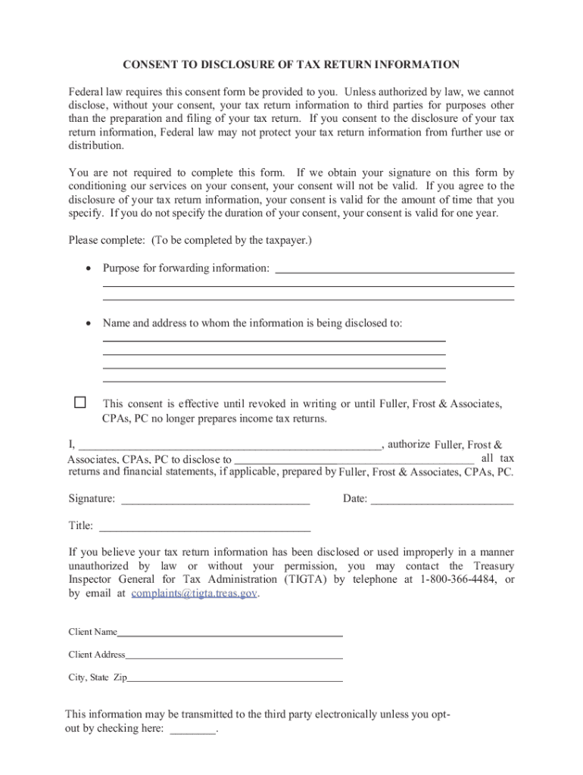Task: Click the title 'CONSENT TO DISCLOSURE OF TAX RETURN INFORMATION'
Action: tap(291, 65)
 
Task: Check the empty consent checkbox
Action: tap(80, 403)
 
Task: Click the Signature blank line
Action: tap(215, 500)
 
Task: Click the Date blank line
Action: tap(442, 500)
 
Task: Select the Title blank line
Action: tap(205, 527)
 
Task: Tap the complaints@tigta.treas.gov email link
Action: tap(195, 594)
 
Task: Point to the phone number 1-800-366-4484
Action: tap(457, 580)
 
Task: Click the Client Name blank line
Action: tap(230, 633)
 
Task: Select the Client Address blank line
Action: tap(234, 656)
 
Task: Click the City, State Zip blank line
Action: tap(235, 680)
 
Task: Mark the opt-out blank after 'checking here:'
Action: tap(193, 731)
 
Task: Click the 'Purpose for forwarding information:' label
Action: tap(186, 269)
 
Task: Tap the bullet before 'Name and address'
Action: tap(89, 323)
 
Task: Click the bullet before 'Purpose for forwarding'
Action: tap(89, 269)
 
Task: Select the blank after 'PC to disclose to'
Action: tap(354, 460)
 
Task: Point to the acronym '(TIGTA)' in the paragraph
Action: tap(307, 580)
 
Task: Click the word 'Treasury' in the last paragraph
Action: tap(494, 566)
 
